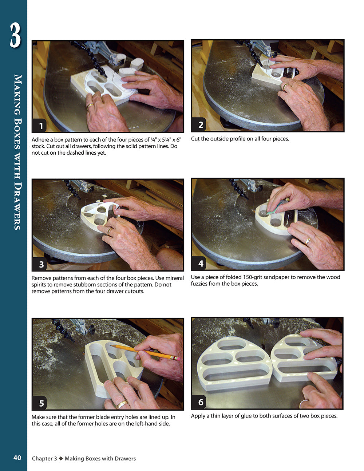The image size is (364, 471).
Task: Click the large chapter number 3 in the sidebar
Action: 15,35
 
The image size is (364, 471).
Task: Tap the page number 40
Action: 17,458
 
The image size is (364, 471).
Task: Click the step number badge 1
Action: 41,126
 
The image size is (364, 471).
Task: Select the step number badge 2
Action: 201,125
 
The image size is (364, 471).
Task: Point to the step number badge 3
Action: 41,264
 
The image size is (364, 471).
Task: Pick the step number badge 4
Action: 201,263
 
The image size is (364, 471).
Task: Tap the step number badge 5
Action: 41,403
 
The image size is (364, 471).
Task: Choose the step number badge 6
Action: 201,402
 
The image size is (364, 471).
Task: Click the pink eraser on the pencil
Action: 178,359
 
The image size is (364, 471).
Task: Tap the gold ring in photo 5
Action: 122,404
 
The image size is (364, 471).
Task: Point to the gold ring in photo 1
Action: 90,106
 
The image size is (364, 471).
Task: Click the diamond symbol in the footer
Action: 61,459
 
